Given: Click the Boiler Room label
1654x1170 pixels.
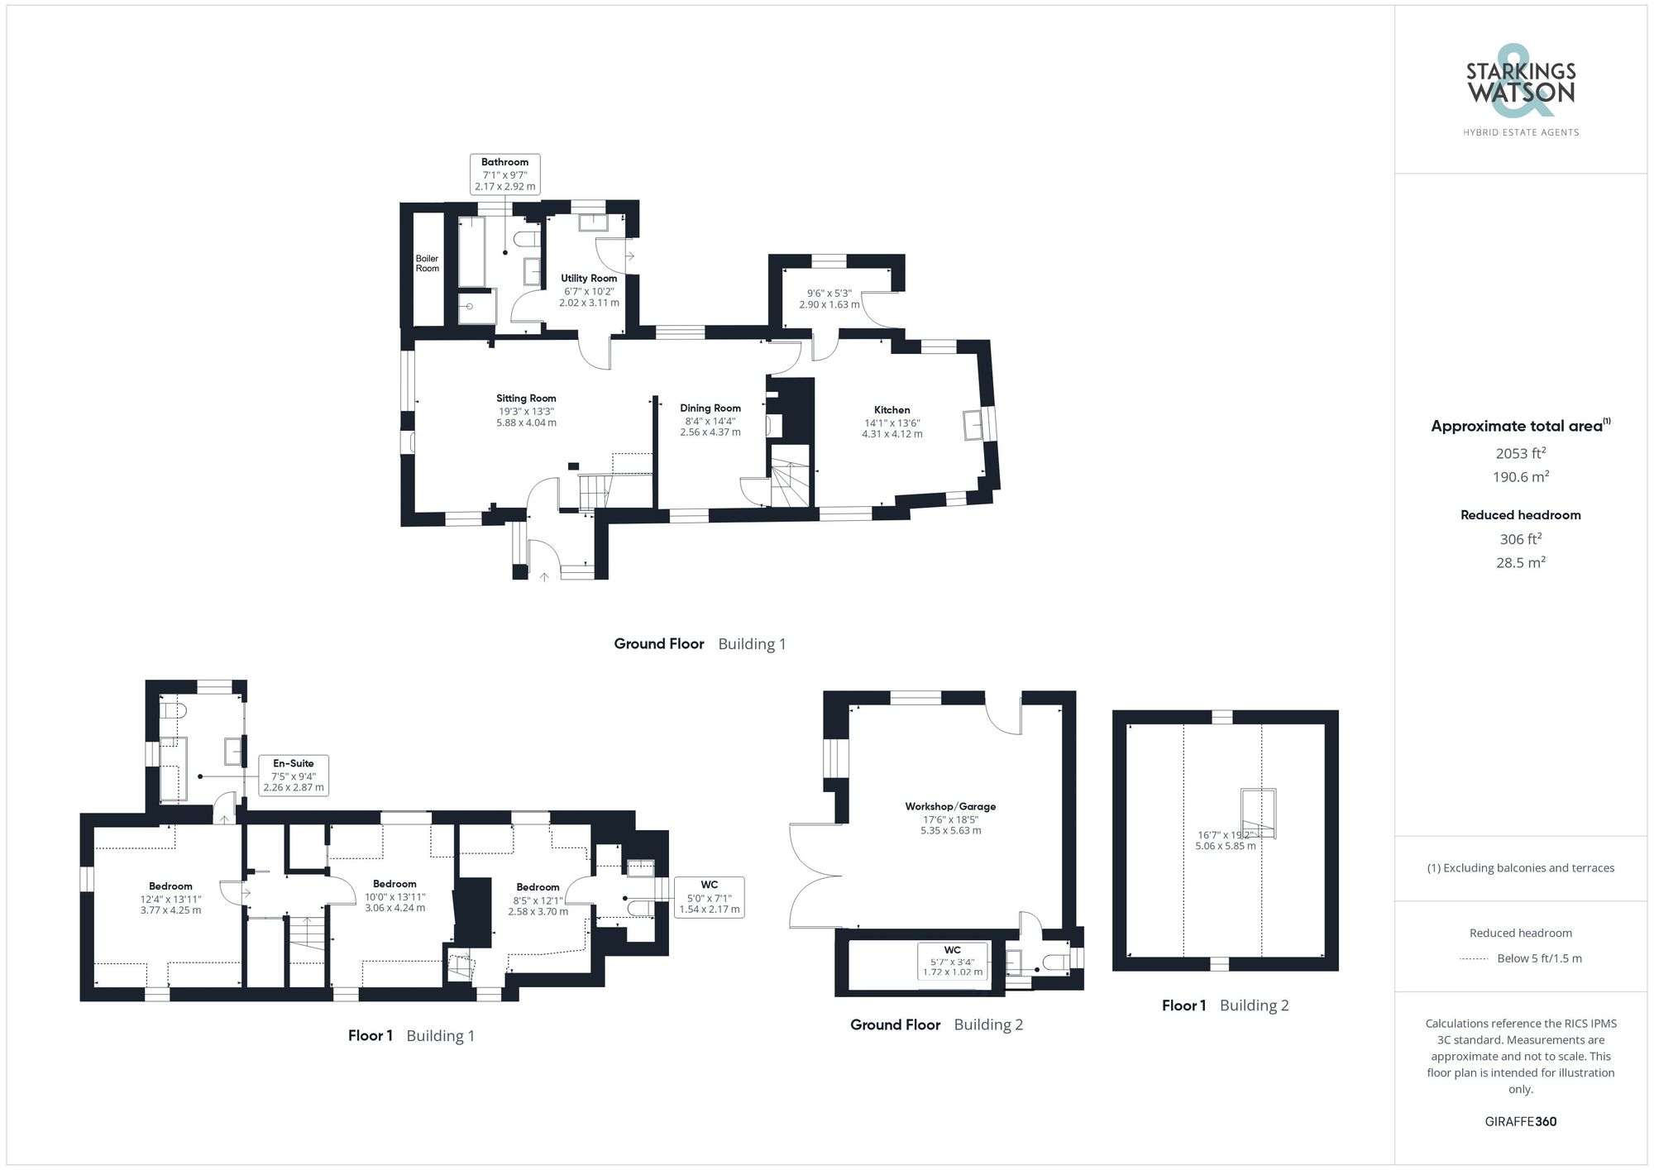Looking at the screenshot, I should coord(427,264).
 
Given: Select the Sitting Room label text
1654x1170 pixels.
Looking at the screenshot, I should coord(526,399).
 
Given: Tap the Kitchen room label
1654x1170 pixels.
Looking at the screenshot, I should coord(892,410).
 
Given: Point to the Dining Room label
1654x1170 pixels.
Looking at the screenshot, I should coord(710,408).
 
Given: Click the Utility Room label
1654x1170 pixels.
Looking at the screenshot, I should coord(589,279).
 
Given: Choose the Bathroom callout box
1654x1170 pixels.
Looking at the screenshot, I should coord(504,174).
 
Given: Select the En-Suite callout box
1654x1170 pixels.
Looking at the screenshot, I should coord(294,775).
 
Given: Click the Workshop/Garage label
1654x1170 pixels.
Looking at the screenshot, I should coord(950,806).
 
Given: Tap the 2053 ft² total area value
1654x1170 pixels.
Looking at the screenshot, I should coord(1520,453).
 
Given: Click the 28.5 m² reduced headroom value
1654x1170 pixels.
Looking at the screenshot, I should coord(1520,562).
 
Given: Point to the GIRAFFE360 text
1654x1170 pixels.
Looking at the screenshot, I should coord(1520,1121).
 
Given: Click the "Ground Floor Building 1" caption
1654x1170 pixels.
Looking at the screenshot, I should coord(700,643).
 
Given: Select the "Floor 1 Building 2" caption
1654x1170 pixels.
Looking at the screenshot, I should coord(1225,1005).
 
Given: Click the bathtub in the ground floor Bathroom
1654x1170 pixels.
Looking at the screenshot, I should coord(471,251).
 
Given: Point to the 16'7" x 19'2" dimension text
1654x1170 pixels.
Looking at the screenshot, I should coord(1225,840).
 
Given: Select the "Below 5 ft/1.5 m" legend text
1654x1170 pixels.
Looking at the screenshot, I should coord(1539,958).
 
